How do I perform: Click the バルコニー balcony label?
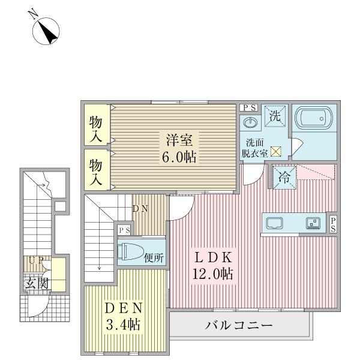[x=239, y=326]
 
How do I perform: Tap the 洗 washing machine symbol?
[x=275, y=116]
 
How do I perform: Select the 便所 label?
[x=155, y=259]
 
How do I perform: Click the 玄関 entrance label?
[x=37, y=283]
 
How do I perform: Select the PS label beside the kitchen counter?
[x=334, y=224]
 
